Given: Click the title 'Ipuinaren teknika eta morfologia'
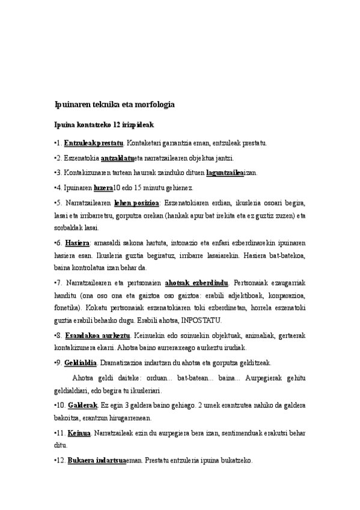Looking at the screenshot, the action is [x=114, y=104].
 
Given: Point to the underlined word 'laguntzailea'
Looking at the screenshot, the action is [x=224, y=173].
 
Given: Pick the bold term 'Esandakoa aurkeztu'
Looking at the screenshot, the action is [x=93, y=334].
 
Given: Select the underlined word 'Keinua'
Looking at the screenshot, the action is [x=80, y=433].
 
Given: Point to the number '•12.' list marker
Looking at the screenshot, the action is [x=59, y=461].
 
